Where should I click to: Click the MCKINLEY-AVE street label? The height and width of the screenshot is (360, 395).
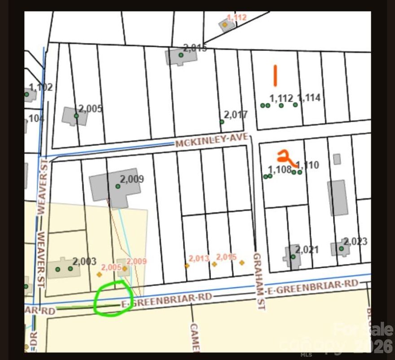coord(211,141)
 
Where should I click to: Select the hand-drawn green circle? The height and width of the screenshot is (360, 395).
coord(113,299)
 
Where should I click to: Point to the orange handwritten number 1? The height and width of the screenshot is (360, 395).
coord(275,75)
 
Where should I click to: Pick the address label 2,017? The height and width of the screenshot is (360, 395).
coord(236,115)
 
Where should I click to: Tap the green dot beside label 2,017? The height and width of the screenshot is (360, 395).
coord(222,121)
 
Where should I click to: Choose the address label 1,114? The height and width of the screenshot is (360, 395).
coord(309,98)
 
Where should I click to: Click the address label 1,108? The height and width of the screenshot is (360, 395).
coord(280,169)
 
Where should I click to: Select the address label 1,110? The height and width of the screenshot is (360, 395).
coord(308,165)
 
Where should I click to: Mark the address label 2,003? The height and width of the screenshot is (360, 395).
coord(84,261)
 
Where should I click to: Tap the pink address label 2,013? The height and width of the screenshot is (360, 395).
coord(199,258)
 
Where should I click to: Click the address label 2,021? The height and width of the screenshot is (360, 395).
coord(307,249)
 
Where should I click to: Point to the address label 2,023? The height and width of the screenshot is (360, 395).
coord(355,242)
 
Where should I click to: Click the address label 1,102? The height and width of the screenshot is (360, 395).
coord(41,87)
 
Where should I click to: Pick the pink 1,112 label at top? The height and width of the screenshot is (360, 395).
coord(237,17)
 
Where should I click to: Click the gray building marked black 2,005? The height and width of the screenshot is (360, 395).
coord(74,116)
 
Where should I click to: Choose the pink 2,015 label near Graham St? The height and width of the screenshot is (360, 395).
coord(226,257)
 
